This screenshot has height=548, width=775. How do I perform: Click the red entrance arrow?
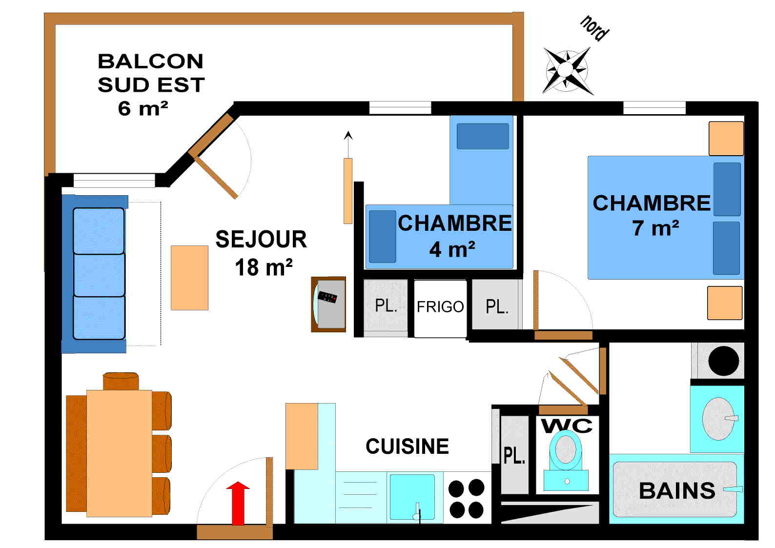tap(238, 503)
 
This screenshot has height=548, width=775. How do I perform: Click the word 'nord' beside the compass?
tap(594, 28)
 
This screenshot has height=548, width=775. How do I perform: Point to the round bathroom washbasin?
tap(717, 419)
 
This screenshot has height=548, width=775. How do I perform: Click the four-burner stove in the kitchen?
tap(467, 498)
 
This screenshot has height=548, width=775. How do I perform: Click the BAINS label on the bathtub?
tap(676, 491)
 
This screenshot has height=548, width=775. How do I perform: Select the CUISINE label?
tap(407, 447)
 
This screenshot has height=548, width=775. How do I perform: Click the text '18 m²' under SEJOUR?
tap(264, 267)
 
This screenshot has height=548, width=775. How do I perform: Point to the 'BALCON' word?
tap(150, 61)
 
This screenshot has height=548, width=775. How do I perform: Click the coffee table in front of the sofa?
tap(189, 278)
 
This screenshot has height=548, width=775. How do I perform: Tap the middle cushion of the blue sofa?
tap(99, 274)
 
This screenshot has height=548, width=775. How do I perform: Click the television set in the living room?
tap(329, 304)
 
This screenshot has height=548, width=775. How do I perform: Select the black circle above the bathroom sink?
tap(723, 361)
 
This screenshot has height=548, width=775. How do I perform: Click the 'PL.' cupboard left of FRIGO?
tap(386, 306)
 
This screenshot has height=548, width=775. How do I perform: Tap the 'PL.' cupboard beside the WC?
tap(514, 455)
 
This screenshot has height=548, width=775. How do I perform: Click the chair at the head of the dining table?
tap(121, 381)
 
